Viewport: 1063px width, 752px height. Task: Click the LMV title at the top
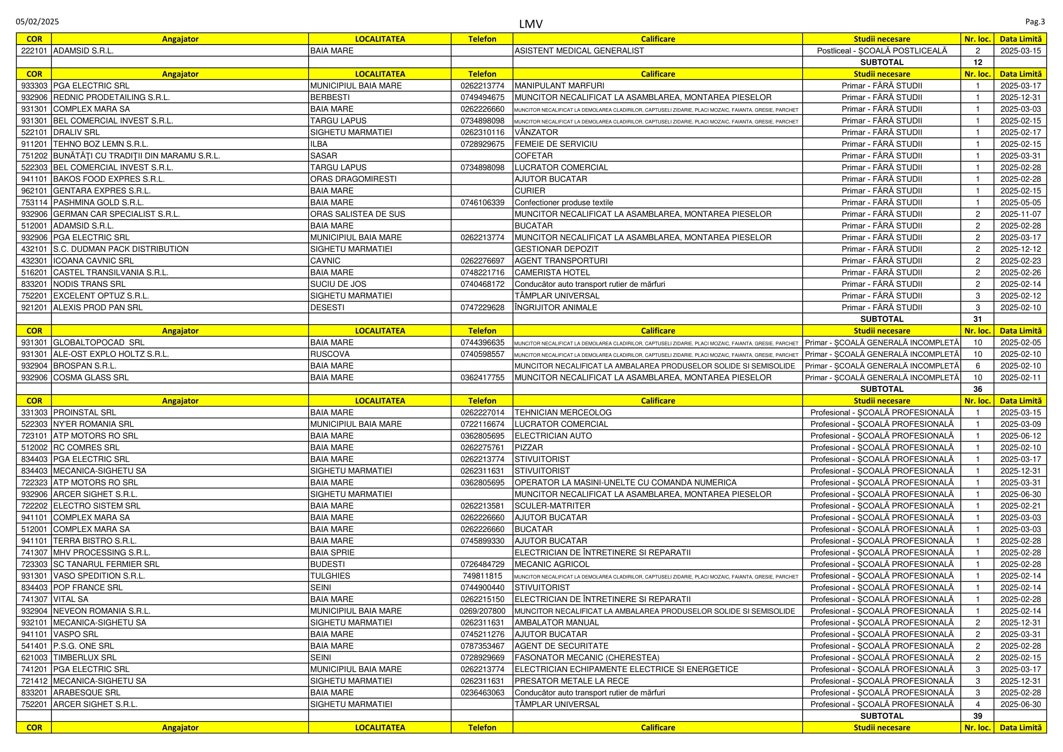tap(530, 24)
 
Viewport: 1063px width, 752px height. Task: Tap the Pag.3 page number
tap(1035, 22)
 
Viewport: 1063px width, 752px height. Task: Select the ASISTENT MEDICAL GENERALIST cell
tap(579, 51)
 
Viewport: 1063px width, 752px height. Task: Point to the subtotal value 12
tap(978, 62)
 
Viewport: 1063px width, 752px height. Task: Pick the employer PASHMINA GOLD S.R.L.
tap(98, 203)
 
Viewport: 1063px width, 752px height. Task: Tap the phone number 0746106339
tap(482, 203)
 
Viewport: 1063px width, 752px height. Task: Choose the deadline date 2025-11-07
tap(1020, 215)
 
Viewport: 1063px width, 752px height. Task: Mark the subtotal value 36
tap(978, 390)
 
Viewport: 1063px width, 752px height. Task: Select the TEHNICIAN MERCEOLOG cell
tap(563, 412)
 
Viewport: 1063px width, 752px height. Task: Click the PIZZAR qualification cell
tap(528, 448)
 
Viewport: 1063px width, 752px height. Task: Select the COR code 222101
tap(34, 51)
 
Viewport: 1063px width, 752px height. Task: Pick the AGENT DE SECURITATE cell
tap(561, 646)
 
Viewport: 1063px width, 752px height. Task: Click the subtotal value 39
tap(978, 716)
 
